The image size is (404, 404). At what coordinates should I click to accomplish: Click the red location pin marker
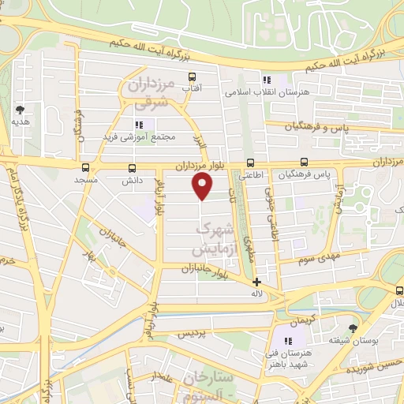tap(203, 186)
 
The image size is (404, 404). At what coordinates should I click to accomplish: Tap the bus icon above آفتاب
tap(191, 77)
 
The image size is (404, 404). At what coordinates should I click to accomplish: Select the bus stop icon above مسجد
tap(85, 167)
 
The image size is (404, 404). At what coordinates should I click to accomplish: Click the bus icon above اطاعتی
tap(250, 163)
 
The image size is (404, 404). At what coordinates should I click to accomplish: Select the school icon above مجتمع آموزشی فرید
tap(140, 125)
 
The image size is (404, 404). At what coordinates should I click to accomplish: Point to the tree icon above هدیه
tap(20, 110)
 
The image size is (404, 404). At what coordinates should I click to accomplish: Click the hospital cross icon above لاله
tap(256, 281)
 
